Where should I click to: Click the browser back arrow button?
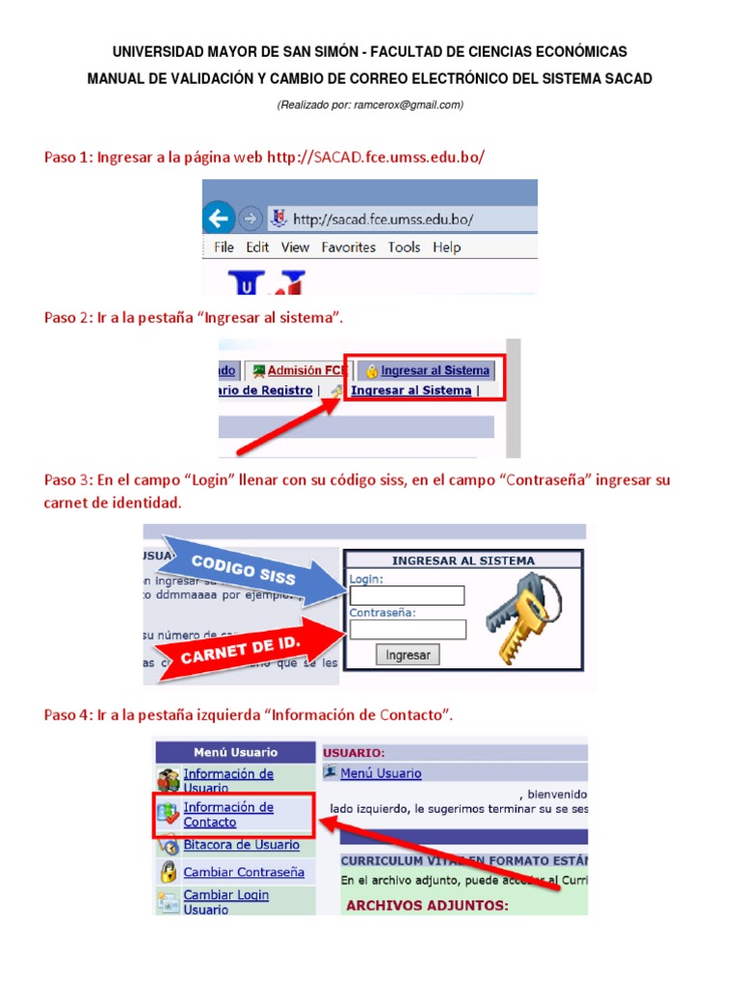[219, 218]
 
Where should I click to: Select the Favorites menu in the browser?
[348, 247]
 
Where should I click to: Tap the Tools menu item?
[404, 247]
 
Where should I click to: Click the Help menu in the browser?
[446, 247]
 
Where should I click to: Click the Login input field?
[407, 596]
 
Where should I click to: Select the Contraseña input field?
[408, 630]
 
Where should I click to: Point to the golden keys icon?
[520, 615]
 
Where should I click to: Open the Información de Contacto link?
[228, 815]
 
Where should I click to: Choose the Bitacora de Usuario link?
[241, 845]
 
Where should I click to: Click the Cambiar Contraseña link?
[244, 872]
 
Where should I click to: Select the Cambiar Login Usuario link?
[226, 902]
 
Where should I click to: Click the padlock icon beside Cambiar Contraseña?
[169, 872]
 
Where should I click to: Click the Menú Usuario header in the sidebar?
[235, 752]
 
